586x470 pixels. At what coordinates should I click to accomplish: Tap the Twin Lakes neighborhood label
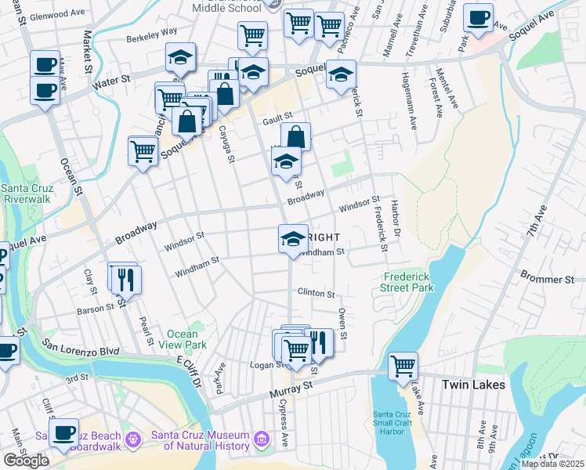[x=473, y=385]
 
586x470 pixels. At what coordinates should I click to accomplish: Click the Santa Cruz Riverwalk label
[x=27, y=193]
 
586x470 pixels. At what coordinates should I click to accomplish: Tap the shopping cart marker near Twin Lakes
[x=403, y=365]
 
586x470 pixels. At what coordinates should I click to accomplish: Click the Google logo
[x=26, y=461]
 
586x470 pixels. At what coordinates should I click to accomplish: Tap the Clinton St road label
[x=316, y=294]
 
